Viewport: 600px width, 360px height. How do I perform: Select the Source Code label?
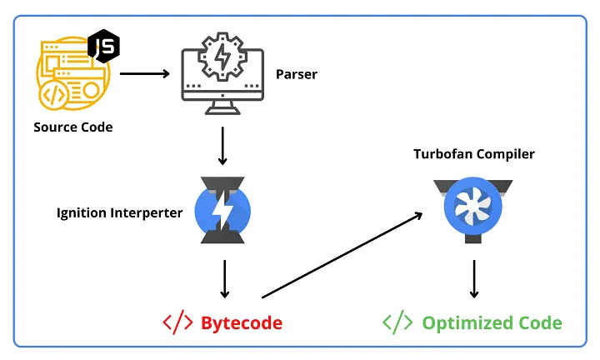click(72, 127)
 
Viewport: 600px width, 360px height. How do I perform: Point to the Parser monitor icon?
click(222, 72)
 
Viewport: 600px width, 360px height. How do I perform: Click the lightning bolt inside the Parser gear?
click(222, 60)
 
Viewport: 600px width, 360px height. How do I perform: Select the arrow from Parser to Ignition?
click(222, 145)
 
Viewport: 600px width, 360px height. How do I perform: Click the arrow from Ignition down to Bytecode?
click(222, 278)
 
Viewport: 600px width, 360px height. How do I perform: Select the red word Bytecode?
click(242, 322)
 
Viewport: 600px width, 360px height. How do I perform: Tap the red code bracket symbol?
click(177, 322)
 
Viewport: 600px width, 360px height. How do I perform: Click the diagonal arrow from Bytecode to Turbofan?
click(342, 255)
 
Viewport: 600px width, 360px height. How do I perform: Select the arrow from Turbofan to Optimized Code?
click(473, 278)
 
